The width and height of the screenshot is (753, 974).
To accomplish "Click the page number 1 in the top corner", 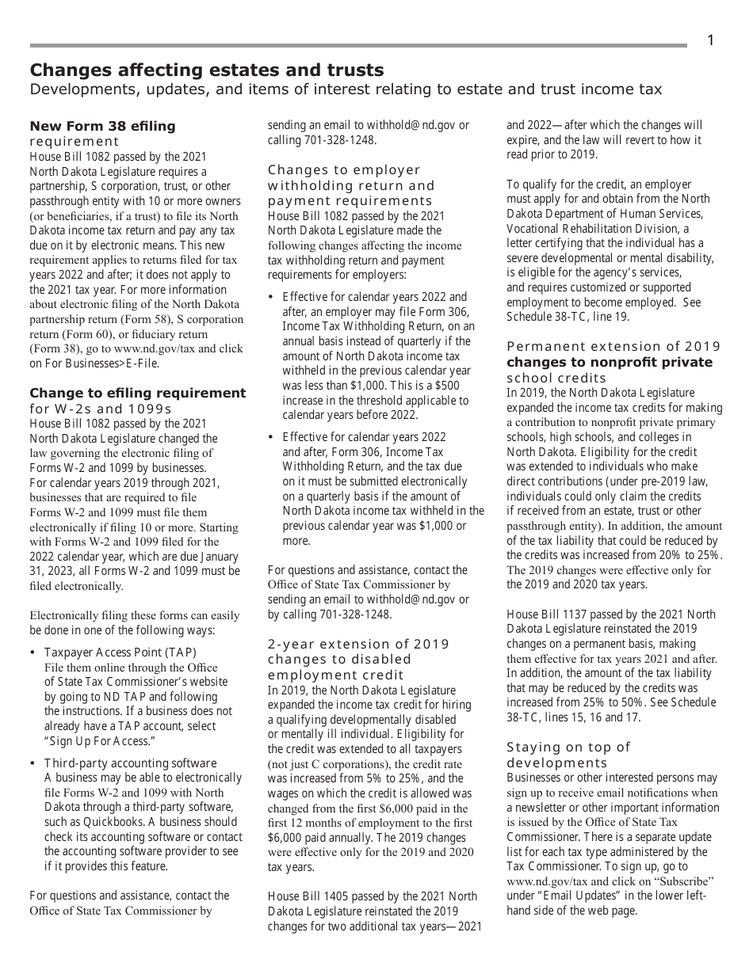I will [x=710, y=40].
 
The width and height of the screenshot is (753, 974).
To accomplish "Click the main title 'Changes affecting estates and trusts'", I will [x=206, y=70].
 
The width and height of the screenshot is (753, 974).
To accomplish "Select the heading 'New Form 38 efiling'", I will [x=102, y=126].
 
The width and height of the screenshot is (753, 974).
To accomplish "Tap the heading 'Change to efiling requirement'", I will [x=138, y=393].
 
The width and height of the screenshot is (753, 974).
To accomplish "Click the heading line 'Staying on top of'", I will [x=568, y=747].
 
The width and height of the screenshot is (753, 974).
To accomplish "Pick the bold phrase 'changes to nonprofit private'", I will [x=610, y=362].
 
